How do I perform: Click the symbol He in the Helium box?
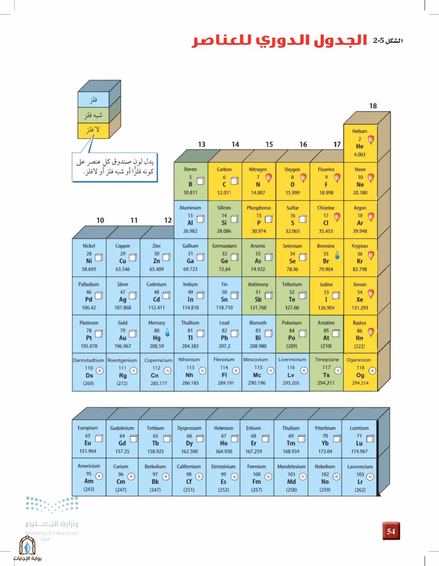click(360, 146)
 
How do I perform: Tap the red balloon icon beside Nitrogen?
click(268, 178)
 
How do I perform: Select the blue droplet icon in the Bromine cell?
click(337, 255)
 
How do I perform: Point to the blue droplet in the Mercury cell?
click(167, 332)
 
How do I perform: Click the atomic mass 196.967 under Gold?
click(123, 346)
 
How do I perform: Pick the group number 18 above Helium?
click(373, 106)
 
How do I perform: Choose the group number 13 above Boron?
click(201, 144)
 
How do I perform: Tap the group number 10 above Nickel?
click(100, 221)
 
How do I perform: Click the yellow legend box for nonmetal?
click(93, 130)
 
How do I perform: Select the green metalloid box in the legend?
click(93, 115)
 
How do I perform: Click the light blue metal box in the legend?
click(93, 100)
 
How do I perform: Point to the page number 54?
click(391, 531)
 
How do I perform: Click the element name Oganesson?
click(358, 360)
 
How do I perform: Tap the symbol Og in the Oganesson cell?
click(360, 375)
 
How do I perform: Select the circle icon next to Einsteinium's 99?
click(234, 477)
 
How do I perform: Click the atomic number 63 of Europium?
click(88, 436)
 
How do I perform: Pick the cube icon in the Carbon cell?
click(235, 181)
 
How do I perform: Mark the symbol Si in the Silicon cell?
click(224, 223)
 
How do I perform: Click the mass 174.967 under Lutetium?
click(359, 451)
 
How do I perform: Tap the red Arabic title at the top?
click(279, 40)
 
